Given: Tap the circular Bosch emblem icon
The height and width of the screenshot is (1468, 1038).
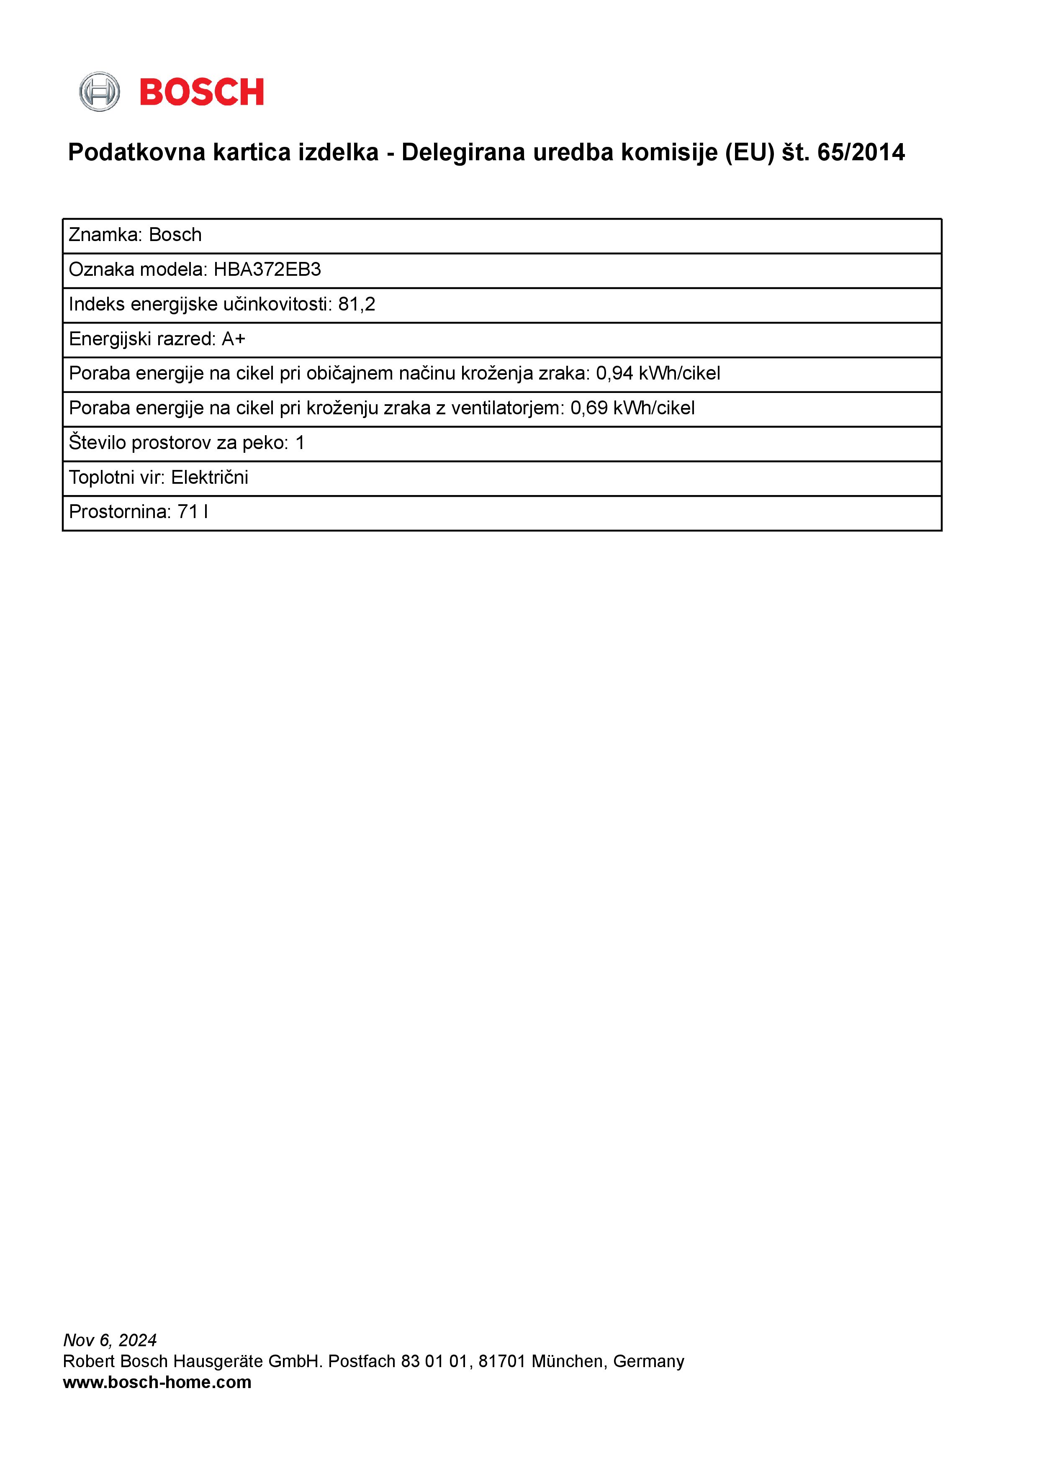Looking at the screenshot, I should click(99, 92).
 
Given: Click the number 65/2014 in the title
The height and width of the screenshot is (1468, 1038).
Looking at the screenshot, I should click(861, 153).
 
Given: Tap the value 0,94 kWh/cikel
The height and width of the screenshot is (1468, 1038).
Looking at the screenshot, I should click(658, 373).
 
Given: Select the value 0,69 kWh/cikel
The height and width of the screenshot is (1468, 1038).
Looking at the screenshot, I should click(632, 408).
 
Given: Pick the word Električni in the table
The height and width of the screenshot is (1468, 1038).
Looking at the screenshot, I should click(209, 477).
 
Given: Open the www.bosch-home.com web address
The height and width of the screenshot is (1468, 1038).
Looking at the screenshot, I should click(157, 1382).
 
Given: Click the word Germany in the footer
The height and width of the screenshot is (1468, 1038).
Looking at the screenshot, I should click(648, 1361).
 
